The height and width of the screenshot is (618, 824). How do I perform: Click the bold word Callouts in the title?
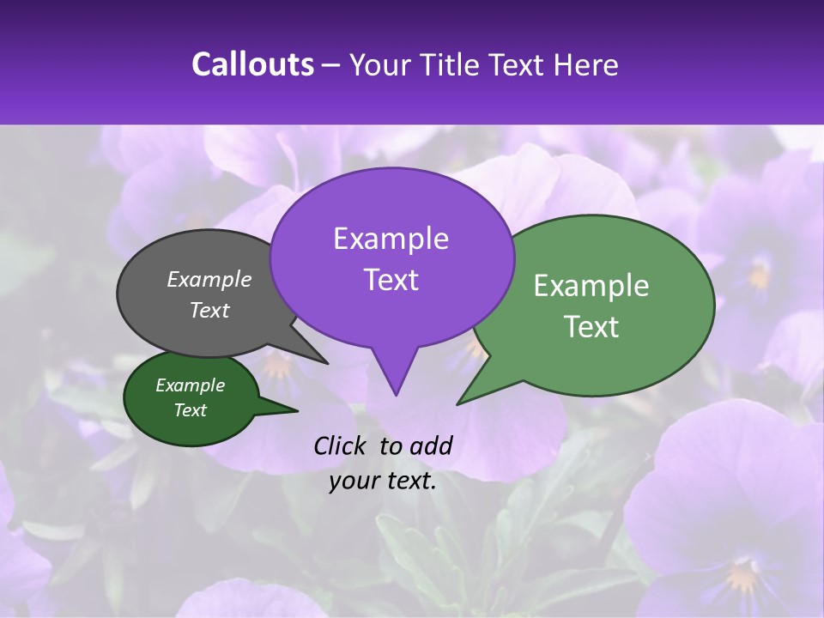point(252,64)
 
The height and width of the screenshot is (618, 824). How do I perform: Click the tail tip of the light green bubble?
point(459,403)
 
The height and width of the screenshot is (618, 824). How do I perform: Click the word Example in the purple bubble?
point(391,239)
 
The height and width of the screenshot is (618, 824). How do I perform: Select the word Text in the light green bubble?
point(591,327)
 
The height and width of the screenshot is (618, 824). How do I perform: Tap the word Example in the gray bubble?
point(209,279)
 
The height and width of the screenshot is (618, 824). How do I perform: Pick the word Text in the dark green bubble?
point(191,410)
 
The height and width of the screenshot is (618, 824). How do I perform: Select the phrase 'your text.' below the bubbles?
point(383,481)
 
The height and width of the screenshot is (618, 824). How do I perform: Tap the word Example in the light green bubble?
point(591,286)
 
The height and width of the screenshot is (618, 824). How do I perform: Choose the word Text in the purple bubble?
point(391,280)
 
